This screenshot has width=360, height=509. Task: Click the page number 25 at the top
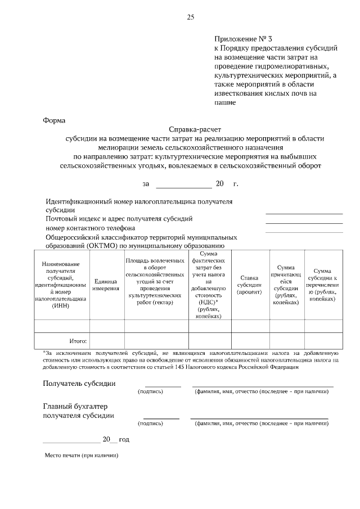190,17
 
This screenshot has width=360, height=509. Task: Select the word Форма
54,120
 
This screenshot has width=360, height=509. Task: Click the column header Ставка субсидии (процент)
249,285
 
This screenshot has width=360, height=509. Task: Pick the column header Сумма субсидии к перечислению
322,285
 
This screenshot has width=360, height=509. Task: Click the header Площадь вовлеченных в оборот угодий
155,282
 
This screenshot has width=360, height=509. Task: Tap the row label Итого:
78,341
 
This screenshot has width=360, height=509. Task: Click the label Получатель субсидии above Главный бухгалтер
79,384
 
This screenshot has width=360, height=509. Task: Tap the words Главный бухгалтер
75,406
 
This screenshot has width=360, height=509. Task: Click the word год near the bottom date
124,439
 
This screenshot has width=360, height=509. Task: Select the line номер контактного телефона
90,228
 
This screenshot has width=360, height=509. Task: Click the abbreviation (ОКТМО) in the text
102,245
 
